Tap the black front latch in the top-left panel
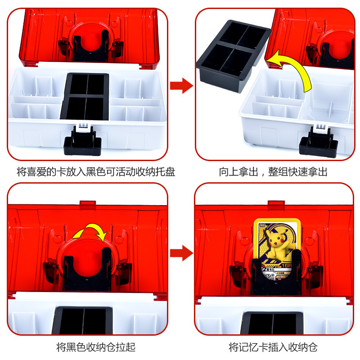point(81,140)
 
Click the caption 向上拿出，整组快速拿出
point(273,171)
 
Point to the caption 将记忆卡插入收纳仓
point(273,347)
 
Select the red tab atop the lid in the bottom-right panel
point(276,205)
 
